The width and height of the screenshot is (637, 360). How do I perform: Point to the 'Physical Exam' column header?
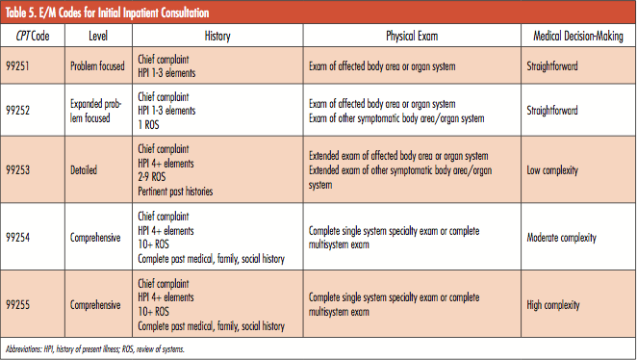(x=414, y=36)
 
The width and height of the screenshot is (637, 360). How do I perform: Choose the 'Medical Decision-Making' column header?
(x=578, y=36)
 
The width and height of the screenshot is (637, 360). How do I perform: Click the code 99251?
(x=21, y=66)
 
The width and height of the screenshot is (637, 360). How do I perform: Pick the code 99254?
(x=21, y=238)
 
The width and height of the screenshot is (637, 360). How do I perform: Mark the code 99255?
(x=21, y=305)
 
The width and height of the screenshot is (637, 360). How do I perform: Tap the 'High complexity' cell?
(x=555, y=305)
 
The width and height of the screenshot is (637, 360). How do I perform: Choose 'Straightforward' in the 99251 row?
(x=552, y=66)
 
